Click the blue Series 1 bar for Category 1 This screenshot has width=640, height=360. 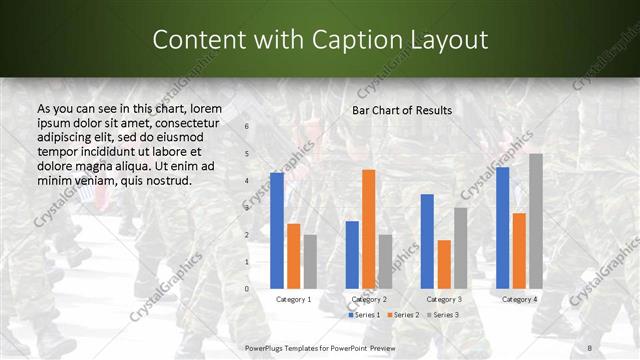277,231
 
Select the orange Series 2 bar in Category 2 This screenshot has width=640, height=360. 368,229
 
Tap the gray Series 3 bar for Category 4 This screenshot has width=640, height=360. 536,221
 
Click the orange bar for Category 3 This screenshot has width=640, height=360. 444,264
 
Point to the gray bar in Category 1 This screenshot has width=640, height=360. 310,262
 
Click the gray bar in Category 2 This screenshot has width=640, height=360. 385,262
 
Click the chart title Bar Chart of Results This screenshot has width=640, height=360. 402,110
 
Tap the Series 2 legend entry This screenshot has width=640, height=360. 404,315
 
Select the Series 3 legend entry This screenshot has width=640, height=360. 443,315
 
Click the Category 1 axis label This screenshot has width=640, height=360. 293,299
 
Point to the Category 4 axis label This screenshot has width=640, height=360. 519,299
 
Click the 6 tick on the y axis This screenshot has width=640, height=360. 247,127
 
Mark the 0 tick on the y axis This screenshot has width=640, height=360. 247,289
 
